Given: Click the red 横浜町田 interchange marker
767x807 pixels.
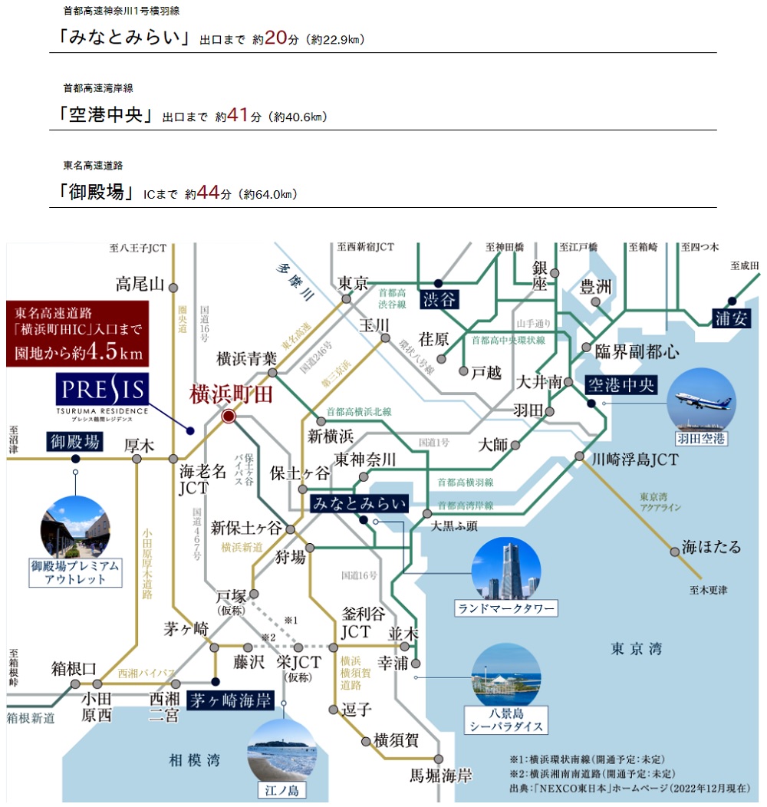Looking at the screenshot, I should (228, 417).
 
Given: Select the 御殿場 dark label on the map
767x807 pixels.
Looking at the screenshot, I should (75, 442).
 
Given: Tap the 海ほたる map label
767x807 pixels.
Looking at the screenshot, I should (712, 547).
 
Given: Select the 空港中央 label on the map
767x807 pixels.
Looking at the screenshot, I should (621, 384).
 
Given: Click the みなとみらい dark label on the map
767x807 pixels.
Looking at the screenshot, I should (359, 503).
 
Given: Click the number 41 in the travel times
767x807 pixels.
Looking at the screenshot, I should (239, 116).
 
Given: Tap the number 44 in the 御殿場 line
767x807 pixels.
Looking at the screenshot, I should (208, 193).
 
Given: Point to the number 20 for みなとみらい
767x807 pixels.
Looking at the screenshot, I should (275, 38).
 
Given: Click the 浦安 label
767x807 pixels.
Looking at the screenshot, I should (731, 318).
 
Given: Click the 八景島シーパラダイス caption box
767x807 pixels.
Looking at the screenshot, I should (508, 721).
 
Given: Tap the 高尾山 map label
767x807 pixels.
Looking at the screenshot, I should (140, 285).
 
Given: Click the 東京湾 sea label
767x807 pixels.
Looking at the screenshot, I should (636, 649).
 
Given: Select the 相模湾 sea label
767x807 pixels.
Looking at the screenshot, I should (194, 760).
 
